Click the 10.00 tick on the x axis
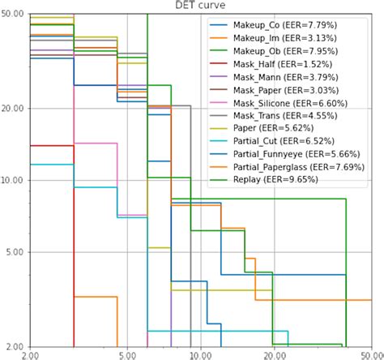click(x=200, y=354)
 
